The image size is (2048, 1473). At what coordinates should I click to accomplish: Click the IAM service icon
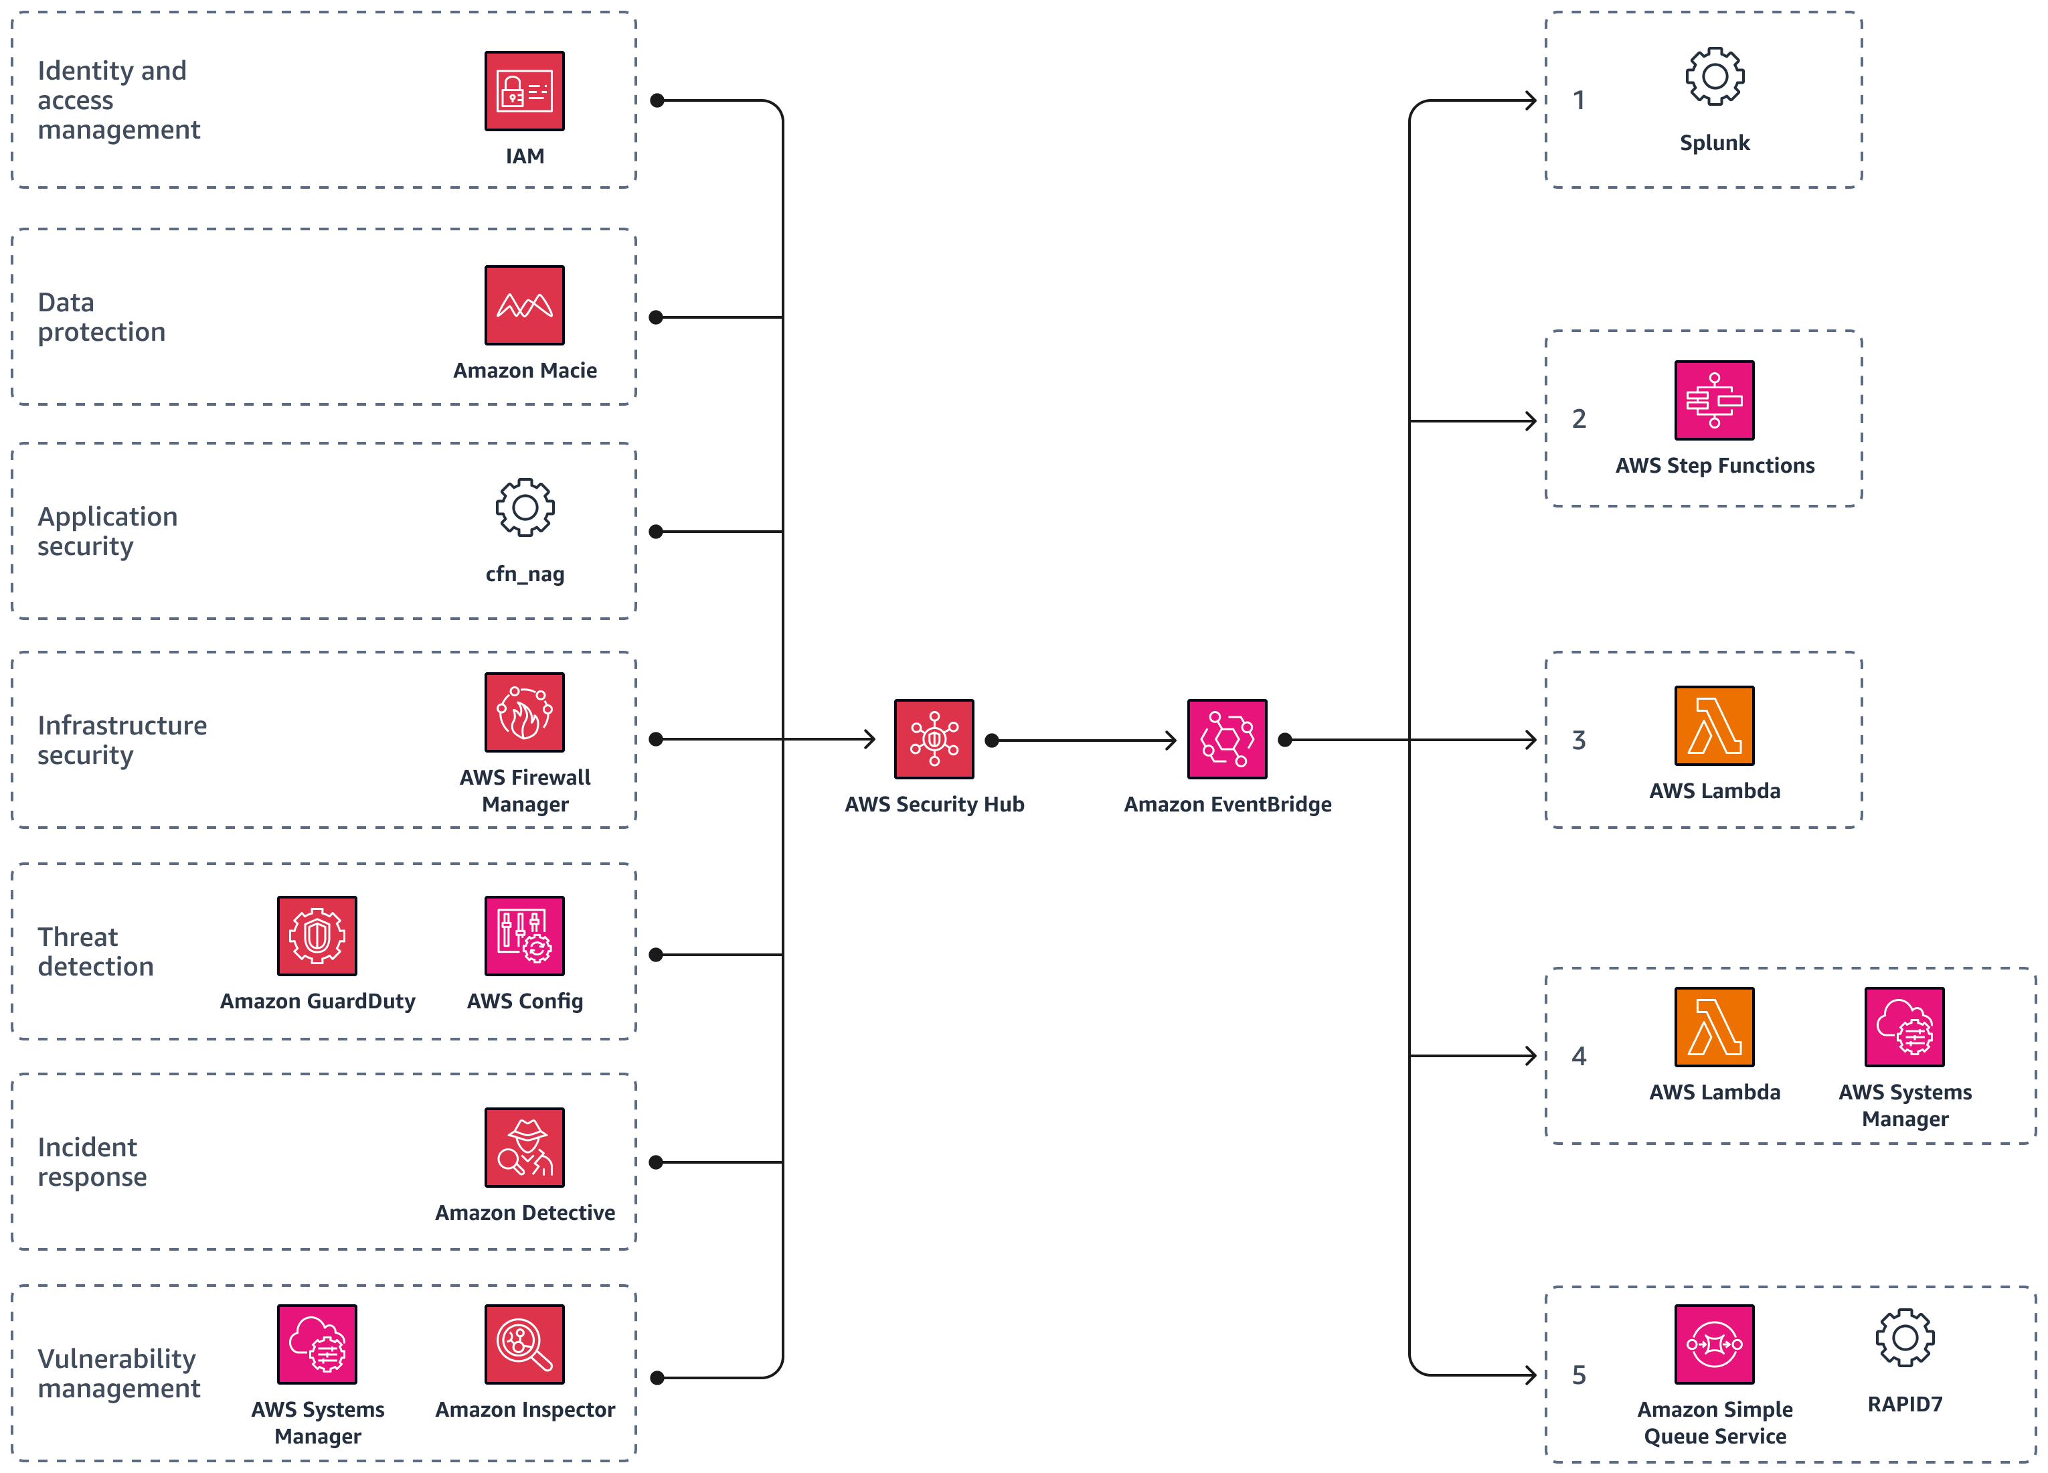[x=524, y=90]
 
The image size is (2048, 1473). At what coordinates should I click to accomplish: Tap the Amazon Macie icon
[x=524, y=305]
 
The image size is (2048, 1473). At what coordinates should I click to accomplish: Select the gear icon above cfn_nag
[x=525, y=508]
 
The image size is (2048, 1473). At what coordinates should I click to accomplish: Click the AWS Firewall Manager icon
[x=524, y=712]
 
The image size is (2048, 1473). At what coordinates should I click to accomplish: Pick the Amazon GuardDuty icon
[x=317, y=935]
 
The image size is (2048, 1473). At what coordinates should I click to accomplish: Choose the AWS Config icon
[x=524, y=935]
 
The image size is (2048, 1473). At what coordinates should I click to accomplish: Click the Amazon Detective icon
[x=524, y=1147]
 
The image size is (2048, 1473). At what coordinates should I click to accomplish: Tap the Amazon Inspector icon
[x=524, y=1344]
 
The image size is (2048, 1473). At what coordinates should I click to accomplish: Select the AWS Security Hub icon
[x=934, y=739]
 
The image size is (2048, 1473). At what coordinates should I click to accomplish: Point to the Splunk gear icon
[x=1714, y=77]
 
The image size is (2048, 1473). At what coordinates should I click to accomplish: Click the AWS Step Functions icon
[x=1714, y=400]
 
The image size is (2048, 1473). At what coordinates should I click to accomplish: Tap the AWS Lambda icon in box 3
[x=1714, y=725]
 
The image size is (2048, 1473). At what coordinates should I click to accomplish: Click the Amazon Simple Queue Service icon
[x=1714, y=1344]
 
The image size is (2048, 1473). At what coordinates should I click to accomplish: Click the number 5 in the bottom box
[x=1578, y=1375]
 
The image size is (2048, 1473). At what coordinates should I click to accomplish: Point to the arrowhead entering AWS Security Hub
[x=871, y=739]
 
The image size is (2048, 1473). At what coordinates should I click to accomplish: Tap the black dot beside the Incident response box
[x=657, y=1162]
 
